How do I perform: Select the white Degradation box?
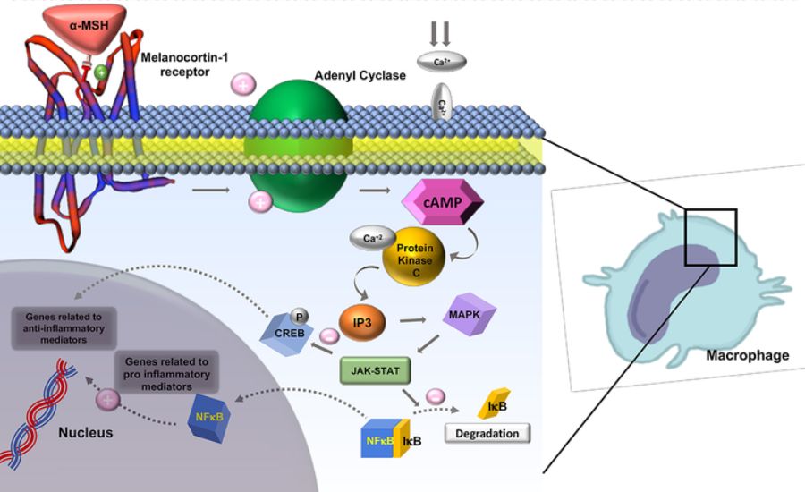coord(487,433)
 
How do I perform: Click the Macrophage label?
coord(748,355)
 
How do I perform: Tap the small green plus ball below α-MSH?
coord(101,72)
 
